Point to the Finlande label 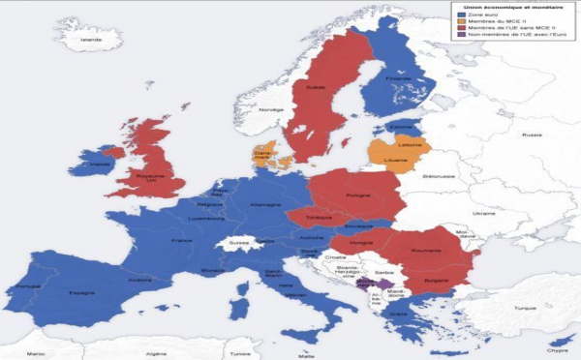[x=398, y=78]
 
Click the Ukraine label [x=455, y=212]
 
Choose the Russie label [x=506, y=135]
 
